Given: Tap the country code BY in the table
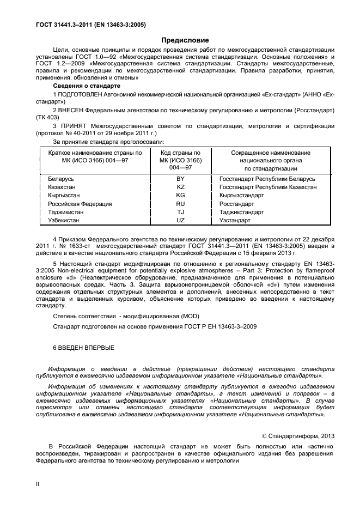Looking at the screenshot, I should [181, 179].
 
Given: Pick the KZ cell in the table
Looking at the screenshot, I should [181, 187].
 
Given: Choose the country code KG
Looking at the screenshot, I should [181, 195].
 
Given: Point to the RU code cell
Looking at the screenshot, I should [181, 204].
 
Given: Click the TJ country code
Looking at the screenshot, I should [181, 212].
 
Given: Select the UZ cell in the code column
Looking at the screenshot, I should [181, 220].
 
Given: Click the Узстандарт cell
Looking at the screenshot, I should [235, 220].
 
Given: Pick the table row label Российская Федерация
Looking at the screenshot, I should [80, 204].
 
